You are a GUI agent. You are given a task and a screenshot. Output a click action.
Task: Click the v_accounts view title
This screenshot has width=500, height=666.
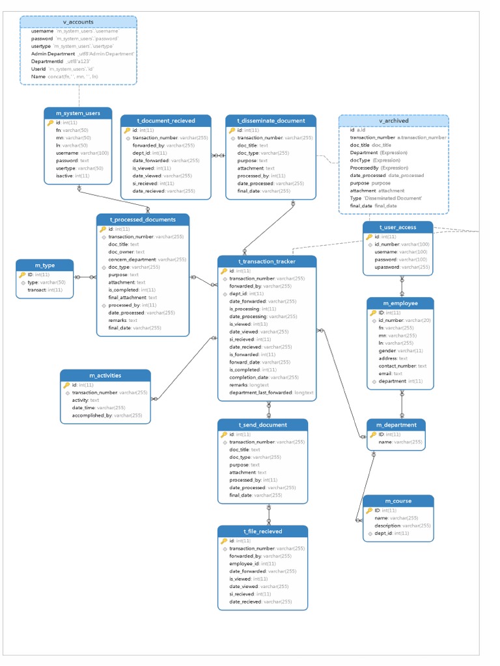coord(78,22)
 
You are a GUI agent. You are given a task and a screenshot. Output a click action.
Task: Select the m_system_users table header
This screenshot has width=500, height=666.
coord(78,113)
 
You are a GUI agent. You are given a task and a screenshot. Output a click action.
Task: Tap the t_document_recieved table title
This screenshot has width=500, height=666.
coord(165,121)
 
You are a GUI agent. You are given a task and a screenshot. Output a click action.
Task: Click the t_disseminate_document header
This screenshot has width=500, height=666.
coord(271,121)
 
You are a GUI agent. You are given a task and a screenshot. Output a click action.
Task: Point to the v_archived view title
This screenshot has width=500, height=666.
coord(393,121)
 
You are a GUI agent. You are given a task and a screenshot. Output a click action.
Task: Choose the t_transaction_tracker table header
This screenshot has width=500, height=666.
coord(267,261)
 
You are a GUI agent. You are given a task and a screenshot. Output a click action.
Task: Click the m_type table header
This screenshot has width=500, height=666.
coord(44,265)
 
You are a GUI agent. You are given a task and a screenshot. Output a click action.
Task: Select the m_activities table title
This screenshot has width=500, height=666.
coord(105,375)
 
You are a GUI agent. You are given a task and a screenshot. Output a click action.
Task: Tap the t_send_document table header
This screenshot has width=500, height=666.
coord(262,425)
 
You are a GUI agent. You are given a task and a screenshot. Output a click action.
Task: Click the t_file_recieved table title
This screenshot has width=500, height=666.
coord(262,531)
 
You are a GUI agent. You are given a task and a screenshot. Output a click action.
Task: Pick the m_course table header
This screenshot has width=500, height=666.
coord(398,501)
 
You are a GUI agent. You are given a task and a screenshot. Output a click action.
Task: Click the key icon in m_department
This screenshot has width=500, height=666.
coord(373,434)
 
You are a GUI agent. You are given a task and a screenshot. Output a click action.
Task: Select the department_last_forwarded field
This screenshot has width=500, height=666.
coord(260,393)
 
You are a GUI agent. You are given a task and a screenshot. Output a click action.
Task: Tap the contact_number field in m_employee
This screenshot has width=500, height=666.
coord(397,366)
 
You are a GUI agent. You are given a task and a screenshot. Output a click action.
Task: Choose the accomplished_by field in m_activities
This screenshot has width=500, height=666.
coord(92,415)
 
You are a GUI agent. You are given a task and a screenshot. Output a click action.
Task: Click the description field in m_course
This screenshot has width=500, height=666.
coord(387,526)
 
